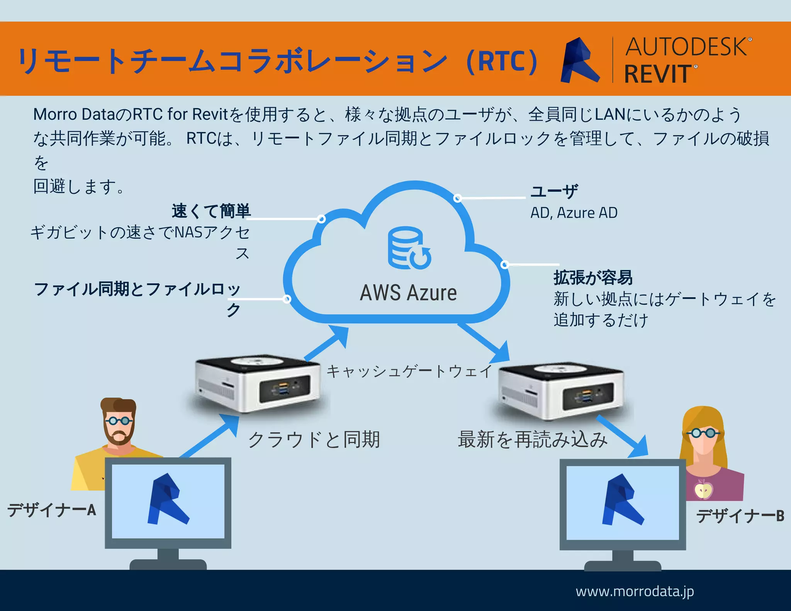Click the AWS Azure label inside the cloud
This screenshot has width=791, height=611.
coord(408,293)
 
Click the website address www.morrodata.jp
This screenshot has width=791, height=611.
coord(635,591)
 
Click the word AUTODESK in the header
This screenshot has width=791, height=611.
coord(686,47)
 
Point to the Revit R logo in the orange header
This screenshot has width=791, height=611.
coord(579,60)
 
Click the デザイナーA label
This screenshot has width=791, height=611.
coord(51,510)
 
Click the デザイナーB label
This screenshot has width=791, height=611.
coord(740,516)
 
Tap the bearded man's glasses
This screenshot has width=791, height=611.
coord(119,421)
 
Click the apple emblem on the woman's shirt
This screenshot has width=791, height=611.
coord(703,490)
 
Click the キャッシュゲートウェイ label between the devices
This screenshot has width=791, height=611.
coord(409,371)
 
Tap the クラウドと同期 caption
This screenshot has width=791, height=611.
coord(314,440)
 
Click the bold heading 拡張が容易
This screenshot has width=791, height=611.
coord(593,277)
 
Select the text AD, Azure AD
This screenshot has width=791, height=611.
coord(574,213)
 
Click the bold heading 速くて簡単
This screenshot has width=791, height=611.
coord(211,211)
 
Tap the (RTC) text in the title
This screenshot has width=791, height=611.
coord(502,61)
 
